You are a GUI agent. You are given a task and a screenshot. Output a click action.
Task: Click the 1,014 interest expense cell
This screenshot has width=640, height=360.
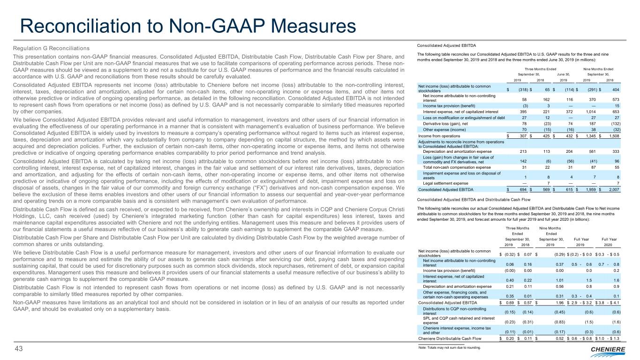tap(591, 112)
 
